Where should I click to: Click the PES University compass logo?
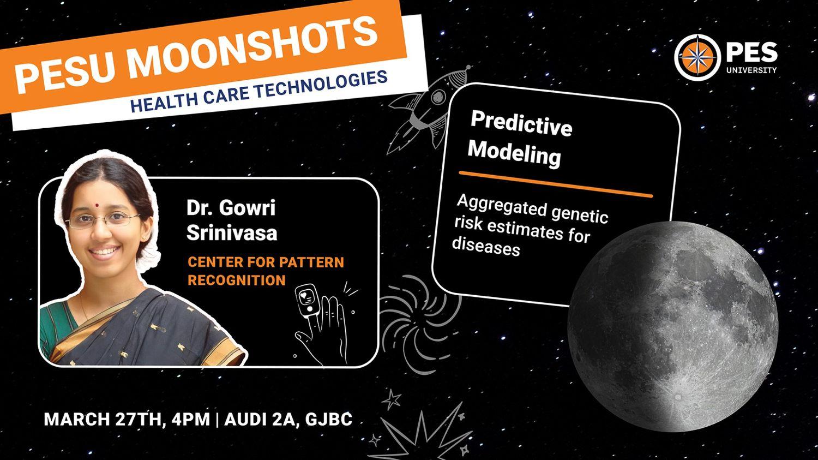coord(697,57)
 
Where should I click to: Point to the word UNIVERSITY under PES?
coord(751,70)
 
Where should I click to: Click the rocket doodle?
coord(430,109)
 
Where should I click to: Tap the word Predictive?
coord(521,123)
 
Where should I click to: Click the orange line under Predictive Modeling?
coord(556,184)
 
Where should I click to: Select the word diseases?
coord(486,246)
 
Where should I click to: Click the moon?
coord(673,326)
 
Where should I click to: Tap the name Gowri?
coord(247,208)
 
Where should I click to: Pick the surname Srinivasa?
coord(232,233)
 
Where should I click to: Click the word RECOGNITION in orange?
coord(236,280)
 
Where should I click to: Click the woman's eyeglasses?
coord(103,219)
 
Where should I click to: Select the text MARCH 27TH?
coord(103,419)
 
